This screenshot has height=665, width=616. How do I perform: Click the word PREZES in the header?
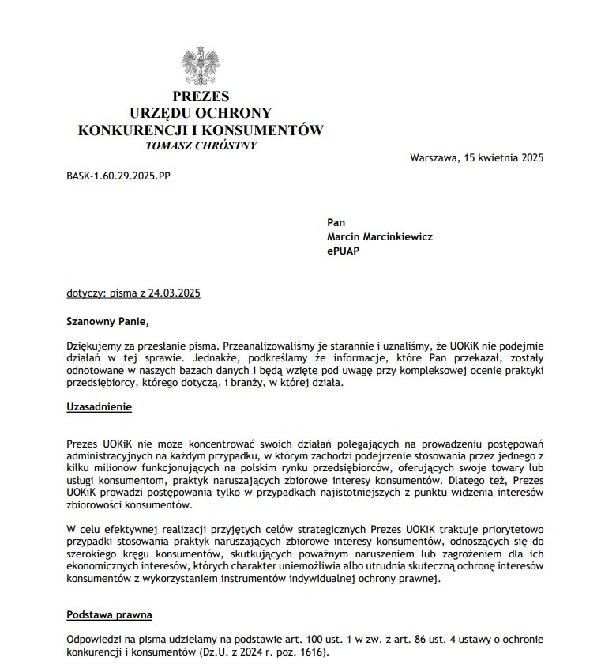201,97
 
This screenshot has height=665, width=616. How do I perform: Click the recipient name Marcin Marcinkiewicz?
380,236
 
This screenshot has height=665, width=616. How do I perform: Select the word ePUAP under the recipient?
344,250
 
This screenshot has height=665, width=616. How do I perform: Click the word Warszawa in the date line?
434,157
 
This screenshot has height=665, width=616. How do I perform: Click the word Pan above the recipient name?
336,223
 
